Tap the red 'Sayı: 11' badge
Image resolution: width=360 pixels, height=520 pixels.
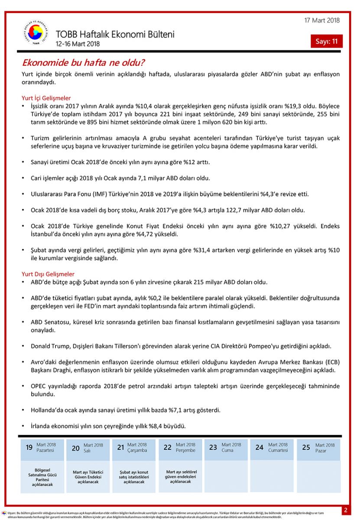tap(326, 42)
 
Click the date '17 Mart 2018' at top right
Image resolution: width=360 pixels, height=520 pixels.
tap(322, 20)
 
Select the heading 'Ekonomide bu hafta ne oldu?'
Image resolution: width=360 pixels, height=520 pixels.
tap(83, 62)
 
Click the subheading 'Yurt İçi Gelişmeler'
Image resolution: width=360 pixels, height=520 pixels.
tap(46, 98)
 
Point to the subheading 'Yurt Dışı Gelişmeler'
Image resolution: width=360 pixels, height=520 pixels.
tap(48, 274)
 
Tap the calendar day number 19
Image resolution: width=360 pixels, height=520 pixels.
tap(29, 448)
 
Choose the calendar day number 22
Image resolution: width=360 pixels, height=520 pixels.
tap(168, 448)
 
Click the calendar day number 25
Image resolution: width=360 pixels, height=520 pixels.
tap(306, 448)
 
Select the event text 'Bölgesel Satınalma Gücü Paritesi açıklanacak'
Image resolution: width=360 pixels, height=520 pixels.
tap(42, 477)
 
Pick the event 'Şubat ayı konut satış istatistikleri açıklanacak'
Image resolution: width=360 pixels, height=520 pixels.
tap(134, 477)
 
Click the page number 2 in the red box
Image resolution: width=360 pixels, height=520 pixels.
tap(346, 510)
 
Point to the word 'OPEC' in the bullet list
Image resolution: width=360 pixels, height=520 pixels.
tap(39, 386)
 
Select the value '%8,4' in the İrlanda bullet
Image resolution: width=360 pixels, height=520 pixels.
tap(156, 426)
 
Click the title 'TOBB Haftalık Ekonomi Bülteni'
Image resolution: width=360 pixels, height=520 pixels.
tap(115, 34)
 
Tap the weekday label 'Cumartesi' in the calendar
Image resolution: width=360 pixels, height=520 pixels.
tap(278, 451)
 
